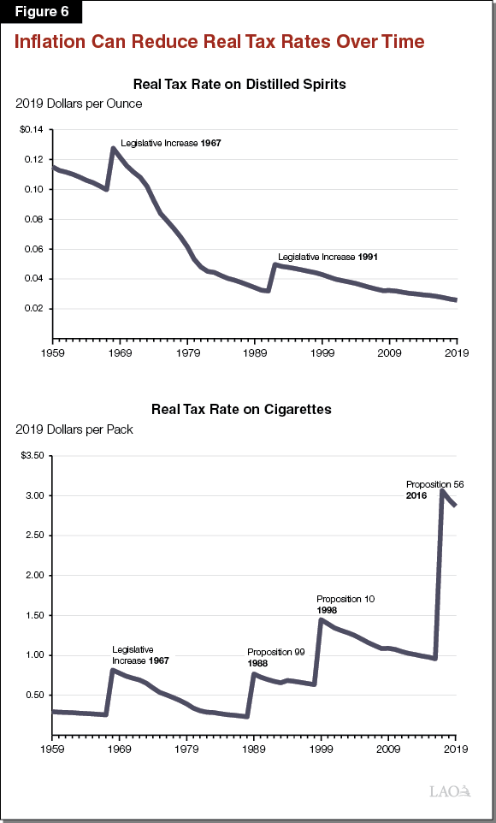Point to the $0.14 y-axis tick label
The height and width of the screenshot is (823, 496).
[x=29, y=129]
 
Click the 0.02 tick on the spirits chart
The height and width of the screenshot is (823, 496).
[x=32, y=309]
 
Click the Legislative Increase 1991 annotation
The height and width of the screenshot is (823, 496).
[x=328, y=257]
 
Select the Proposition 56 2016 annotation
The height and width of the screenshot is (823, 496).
[x=434, y=489]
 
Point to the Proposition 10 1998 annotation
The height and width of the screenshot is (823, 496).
[x=345, y=604]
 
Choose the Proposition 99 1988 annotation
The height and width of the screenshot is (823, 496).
[x=275, y=657]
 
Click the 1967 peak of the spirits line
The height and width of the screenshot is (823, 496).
[x=114, y=148]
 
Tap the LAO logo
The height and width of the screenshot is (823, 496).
[x=451, y=791]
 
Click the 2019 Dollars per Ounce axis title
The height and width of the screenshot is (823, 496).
[x=79, y=104]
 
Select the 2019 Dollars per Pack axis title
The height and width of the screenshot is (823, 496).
[x=74, y=429]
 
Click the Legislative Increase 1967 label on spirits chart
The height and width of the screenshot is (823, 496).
[x=171, y=143]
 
